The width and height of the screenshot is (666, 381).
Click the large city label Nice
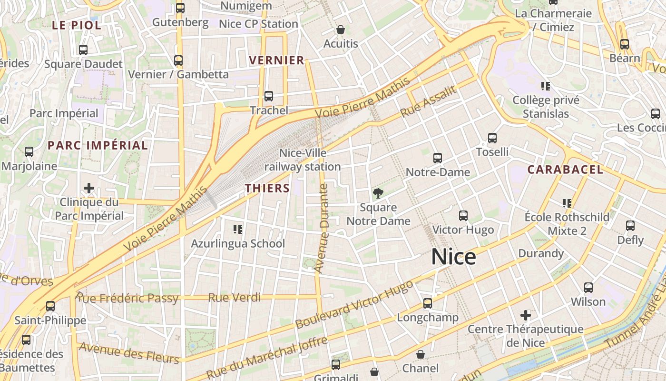tap(453, 257)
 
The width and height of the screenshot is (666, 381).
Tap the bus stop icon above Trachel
tap(269, 96)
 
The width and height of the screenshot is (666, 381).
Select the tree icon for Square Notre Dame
tap(378, 193)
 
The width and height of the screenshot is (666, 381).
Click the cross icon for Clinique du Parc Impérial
tap(89, 188)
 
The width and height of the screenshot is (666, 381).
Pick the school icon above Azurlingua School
tap(238, 230)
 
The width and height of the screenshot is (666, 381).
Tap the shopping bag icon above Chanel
tap(421, 354)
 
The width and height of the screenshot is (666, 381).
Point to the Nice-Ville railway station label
tap(303, 160)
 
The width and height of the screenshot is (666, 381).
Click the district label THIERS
tap(267, 188)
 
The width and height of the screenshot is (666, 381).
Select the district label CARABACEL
tap(565, 170)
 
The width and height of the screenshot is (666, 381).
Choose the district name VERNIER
tap(277, 60)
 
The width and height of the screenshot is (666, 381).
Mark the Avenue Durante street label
tap(322, 229)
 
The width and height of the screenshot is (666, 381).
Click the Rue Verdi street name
tap(235, 298)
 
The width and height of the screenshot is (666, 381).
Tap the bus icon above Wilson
tap(588, 288)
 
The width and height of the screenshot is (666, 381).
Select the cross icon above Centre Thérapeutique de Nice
tap(525, 315)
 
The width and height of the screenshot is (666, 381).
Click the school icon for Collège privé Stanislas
tap(546, 86)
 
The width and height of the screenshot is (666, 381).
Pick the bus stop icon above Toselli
tap(492, 138)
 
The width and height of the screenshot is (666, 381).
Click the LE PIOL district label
tap(77, 25)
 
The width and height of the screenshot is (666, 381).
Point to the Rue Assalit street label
tap(428, 101)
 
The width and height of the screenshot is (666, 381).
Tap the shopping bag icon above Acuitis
tap(341, 30)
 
